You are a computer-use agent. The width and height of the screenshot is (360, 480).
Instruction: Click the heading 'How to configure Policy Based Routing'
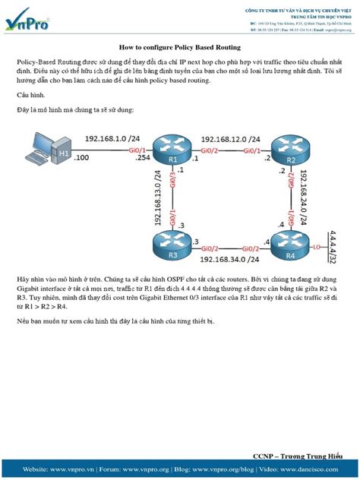tap(180, 46)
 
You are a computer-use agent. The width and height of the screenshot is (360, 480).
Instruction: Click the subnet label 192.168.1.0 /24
tap(111, 140)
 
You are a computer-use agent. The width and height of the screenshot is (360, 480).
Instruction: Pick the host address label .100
tap(81, 157)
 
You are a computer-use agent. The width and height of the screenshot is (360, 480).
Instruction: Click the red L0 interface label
tap(314, 247)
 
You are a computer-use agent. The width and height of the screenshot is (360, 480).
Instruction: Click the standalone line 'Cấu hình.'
tap(33, 95)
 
